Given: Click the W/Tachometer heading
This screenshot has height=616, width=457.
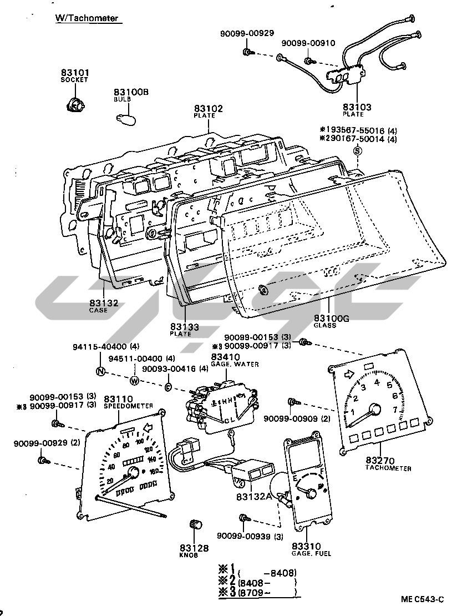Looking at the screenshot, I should click(x=87, y=18).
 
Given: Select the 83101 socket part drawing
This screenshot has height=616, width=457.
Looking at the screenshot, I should click(x=73, y=104).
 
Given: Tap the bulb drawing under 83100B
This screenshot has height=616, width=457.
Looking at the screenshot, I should click(x=125, y=117).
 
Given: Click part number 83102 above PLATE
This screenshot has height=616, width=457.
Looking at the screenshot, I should click(x=208, y=109).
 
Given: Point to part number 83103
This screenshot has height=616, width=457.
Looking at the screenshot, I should click(x=357, y=107).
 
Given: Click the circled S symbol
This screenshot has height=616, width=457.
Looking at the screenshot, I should click(x=358, y=151).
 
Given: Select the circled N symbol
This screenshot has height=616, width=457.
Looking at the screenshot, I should click(x=100, y=372).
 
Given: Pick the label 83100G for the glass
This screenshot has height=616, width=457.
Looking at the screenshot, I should click(x=332, y=318).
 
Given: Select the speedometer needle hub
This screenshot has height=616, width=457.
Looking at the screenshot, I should click(x=133, y=472).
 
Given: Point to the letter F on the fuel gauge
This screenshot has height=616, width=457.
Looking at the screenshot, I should click(x=321, y=472).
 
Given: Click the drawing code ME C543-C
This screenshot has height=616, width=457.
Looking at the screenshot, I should click(x=423, y=599).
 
